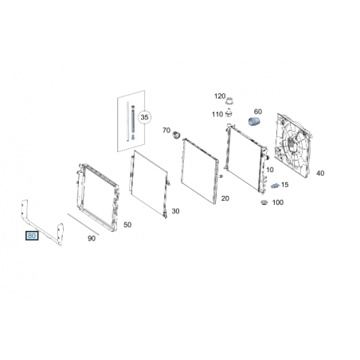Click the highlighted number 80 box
point(32,236)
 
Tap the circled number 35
point(144,117)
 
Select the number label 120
point(220,96)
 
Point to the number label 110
point(217,115)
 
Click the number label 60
point(258,112)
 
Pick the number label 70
point(166,131)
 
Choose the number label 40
point(320,174)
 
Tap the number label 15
point(284,185)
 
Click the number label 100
point(278,202)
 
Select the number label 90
point(92,239)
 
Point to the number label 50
point(127,225)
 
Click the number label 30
point(175,211)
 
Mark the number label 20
point(225,198)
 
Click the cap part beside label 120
point(230,101)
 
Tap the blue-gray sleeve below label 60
point(255,123)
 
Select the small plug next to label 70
point(176,135)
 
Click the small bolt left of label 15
point(275,186)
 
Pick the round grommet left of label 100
point(264,203)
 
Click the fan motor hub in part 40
point(292,146)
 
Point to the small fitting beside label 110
point(229,113)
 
